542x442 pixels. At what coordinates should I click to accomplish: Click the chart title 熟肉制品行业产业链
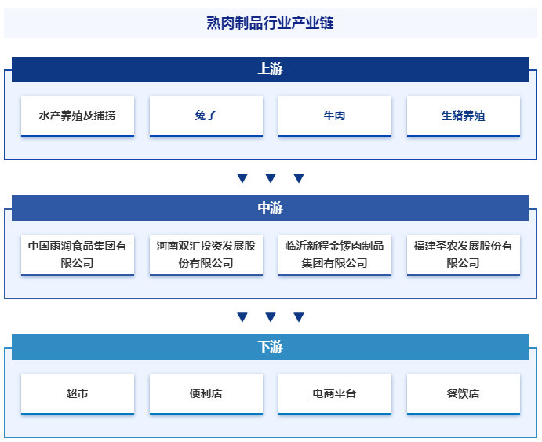(271, 24)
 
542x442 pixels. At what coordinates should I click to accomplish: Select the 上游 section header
(271, 68)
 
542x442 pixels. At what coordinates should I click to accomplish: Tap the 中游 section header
(271, 207)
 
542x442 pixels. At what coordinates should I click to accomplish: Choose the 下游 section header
(271, 346)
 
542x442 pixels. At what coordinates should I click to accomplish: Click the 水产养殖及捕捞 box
(78, 115)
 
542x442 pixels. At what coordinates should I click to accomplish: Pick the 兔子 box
(206, 115)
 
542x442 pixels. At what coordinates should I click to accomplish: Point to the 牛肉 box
(335, 115)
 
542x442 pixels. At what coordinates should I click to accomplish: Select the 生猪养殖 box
(464, 115)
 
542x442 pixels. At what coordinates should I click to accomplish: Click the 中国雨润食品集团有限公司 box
(78, 254)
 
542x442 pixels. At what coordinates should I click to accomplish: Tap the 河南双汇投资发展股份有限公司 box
(206, 254)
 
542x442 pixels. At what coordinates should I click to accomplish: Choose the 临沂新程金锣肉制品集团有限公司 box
(335, 254)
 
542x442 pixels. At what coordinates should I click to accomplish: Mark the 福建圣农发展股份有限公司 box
(464, 254)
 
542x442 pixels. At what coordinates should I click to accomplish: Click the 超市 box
(78, 393)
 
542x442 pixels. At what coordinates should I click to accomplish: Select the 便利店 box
(206, 393)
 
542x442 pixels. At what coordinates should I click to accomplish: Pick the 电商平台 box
(335, 393)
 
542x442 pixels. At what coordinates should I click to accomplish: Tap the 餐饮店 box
(464, 393)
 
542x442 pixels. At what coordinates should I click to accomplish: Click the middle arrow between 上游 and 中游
(271, 178)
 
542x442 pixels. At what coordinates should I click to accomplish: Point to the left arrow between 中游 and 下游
(242, 317)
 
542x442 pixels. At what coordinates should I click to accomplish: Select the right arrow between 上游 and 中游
(299, 178)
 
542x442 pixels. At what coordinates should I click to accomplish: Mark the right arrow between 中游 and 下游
(299, 317)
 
